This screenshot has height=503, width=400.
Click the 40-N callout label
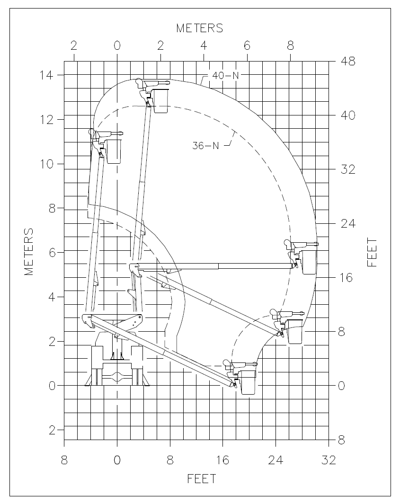tap(225, 76)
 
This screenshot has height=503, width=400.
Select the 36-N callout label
tap(205, 146)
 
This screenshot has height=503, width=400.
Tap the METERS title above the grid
tap(199, 28)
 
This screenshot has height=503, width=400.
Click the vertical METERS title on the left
tap(28, 252)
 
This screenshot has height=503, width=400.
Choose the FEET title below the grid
tap(202, 479)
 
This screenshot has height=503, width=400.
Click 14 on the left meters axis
tap(46, 75)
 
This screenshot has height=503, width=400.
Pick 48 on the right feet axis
tap(348, 61)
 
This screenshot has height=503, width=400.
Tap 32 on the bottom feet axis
tap(329, 460)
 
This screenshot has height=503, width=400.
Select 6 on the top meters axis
tap(247, 46)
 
